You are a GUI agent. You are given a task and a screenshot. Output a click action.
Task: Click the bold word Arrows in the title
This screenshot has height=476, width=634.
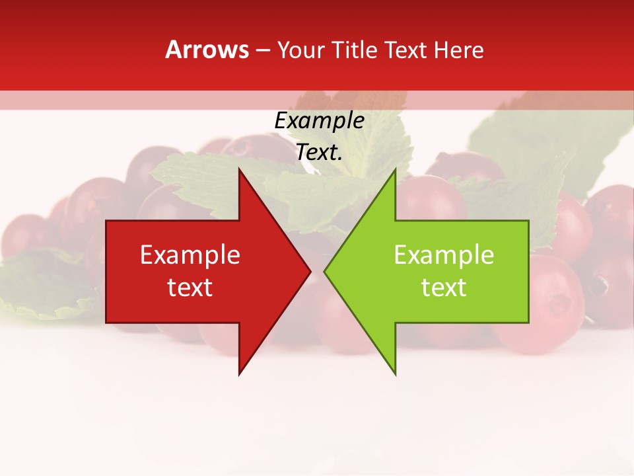click(x=207, y=50)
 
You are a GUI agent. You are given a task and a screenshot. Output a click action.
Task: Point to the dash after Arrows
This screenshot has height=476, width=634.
click(x=262, y=51)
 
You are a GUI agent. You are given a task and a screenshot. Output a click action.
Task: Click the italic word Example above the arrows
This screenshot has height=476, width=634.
click(x=319, y=121)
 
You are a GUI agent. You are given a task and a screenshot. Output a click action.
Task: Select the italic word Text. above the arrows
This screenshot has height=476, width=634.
click(x=319, y=152)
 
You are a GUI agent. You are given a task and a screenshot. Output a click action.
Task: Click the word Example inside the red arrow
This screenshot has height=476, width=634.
click(x=190, y=255)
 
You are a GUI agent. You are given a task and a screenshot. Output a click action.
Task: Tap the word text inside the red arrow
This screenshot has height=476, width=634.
click(x=190, y=288)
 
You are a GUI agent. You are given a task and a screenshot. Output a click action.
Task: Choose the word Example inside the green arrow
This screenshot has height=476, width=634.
click(x=444, y=255)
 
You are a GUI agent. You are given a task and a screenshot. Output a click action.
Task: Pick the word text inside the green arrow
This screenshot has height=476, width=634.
click(x=444, y=288)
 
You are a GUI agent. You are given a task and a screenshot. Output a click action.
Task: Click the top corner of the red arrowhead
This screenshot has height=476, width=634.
click(x=239, y=169)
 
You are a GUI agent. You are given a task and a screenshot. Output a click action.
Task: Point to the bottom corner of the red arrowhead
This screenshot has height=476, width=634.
click(x=239, y=374)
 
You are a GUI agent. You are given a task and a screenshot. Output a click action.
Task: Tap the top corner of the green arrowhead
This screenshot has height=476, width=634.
click(x=395, y=169)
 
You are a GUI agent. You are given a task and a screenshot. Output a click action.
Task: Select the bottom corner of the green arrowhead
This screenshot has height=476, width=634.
click(x=395, y=374)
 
